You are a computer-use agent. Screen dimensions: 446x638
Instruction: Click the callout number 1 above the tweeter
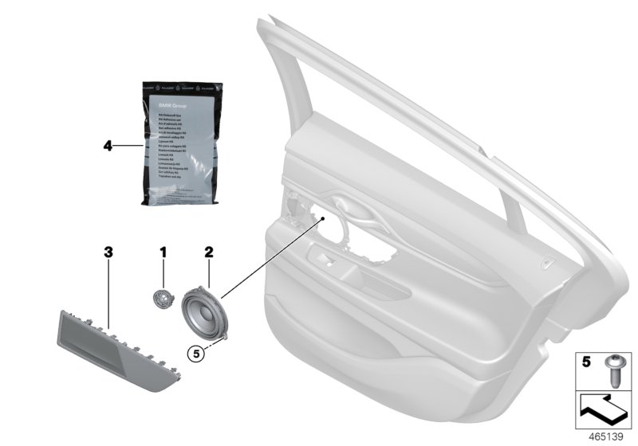pyautogui.click(x=163, y=252)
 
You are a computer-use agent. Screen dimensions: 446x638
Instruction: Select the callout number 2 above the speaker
pyautogui.click(x=209, y=252)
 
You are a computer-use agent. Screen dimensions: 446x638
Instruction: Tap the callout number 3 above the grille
pyautogui.click(x=109, y=252)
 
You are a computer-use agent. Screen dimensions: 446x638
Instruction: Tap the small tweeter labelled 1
pyautogui.click(x=163, y=299)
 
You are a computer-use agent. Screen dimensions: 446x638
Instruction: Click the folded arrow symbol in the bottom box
pyautogui.click(x=603, y=409)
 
